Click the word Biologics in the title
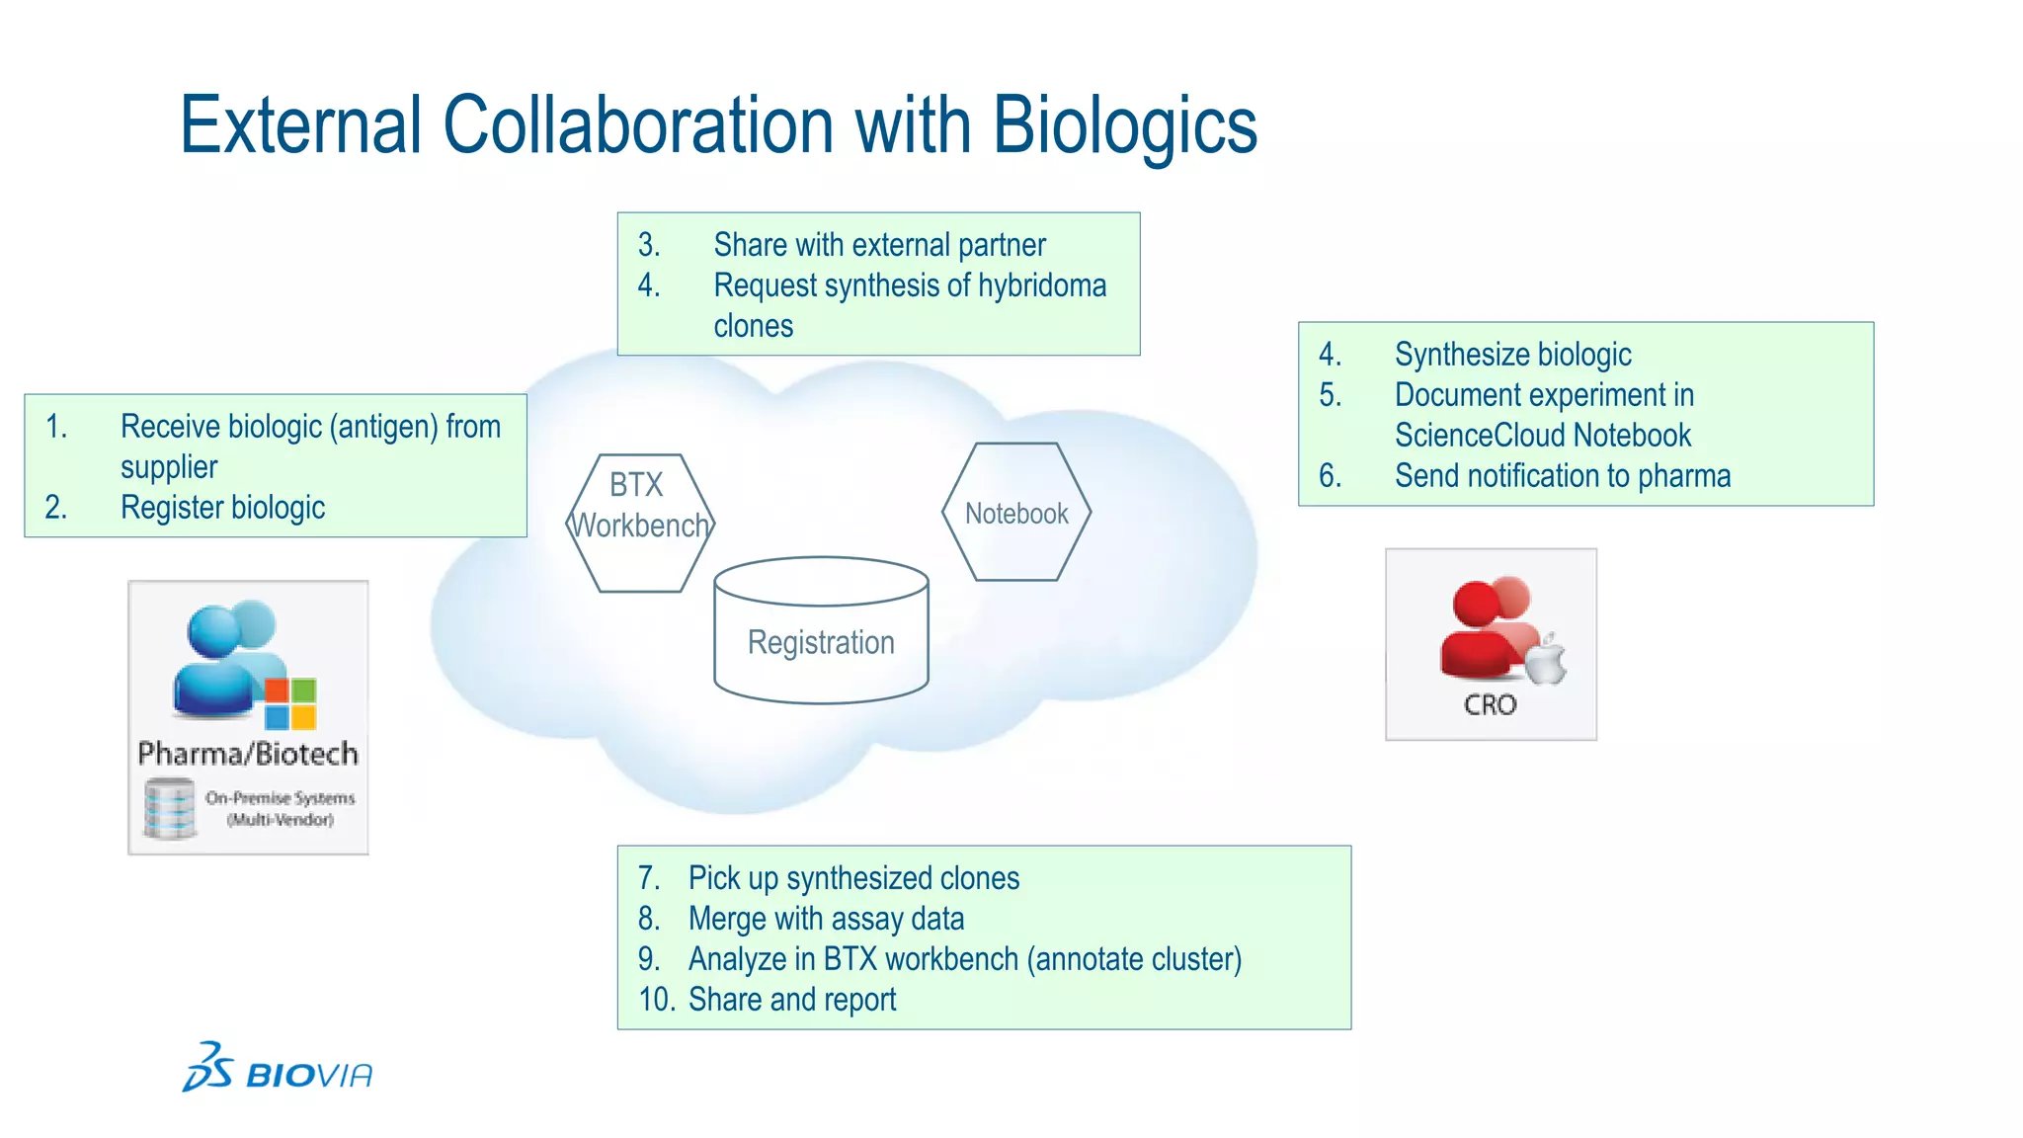1124,126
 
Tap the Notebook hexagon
1016,513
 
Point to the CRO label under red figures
1490,704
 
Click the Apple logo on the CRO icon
1546,660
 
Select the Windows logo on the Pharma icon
290,702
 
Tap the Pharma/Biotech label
248,754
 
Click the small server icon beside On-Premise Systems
169,808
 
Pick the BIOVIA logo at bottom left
278,1069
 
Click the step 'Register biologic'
222,508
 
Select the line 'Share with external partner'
879,245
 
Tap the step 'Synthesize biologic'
1512,355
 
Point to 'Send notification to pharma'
1563,476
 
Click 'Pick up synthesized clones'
853,878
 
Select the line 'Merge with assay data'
826,919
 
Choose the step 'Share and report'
792,1000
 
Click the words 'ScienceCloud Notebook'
1543,436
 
